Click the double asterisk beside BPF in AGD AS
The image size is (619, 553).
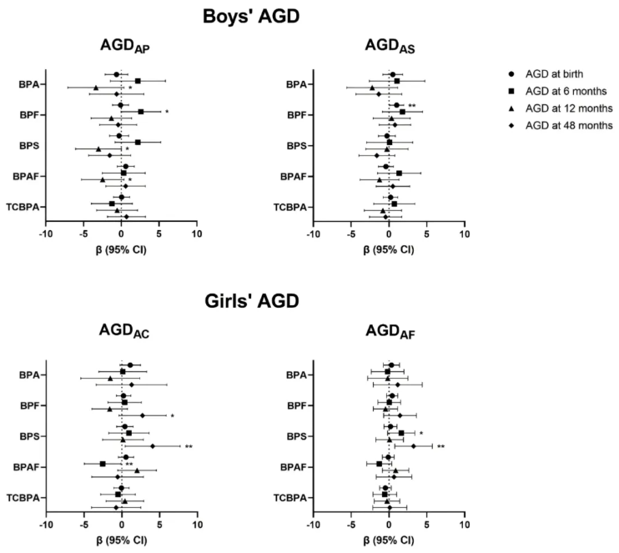click(x=412, y=106)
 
